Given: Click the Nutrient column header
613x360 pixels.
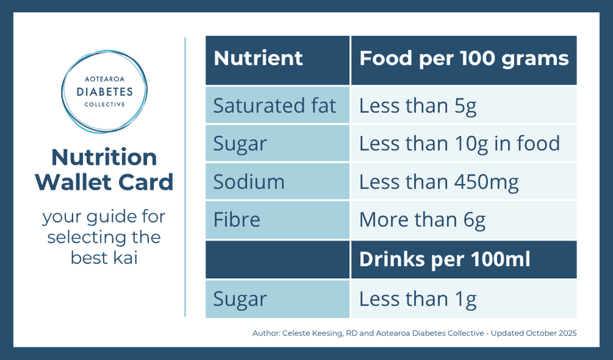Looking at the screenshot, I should coord(258,59).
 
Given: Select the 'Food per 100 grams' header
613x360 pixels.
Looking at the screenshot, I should coord(463,59).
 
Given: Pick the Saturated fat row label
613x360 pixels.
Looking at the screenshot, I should coord(275,106).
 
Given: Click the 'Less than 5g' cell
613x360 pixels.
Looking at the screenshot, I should coord(418,106).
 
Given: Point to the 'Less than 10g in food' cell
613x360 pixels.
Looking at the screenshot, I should coord(459,143).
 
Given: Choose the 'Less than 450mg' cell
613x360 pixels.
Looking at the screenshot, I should coord(439,181).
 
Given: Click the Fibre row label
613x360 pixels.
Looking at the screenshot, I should coord(236,219).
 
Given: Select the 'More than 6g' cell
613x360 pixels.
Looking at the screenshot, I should coord(422,219).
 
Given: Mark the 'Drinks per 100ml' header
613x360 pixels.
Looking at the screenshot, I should coord(444,259).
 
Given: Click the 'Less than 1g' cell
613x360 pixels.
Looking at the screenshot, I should coord(418,299).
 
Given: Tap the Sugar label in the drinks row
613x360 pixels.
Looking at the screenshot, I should coord(240,299).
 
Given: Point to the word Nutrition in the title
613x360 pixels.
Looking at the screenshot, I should coord(104,157).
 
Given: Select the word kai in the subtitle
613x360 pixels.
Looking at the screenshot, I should coord(124,257).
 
